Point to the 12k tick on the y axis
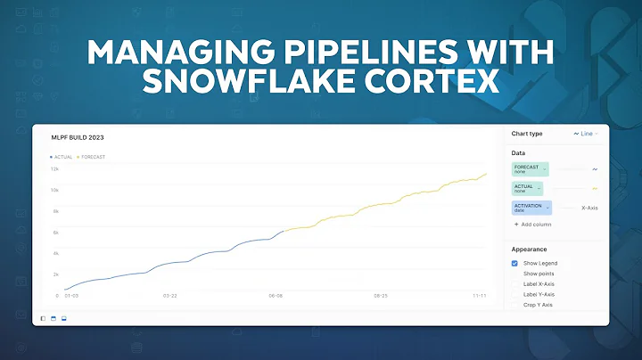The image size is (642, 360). tap(53, 168)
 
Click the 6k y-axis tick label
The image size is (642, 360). tap(54, 233)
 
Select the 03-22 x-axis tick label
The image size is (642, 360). tap(170, 295)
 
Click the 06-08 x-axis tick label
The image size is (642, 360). tap(276, 295)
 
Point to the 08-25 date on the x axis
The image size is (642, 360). tap(381, 295)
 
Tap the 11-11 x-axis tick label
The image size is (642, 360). tap(478, 295)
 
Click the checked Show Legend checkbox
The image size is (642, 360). tap(515, 264)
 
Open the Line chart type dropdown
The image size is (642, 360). tap(587, 134)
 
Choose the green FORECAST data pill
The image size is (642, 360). tap(530, 168)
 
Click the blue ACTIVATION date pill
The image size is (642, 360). tap(531, 208)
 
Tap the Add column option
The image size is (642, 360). tap(535, 225)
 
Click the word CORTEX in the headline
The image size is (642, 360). tap(422, 85)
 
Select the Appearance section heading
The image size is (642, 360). tap(530, 250)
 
